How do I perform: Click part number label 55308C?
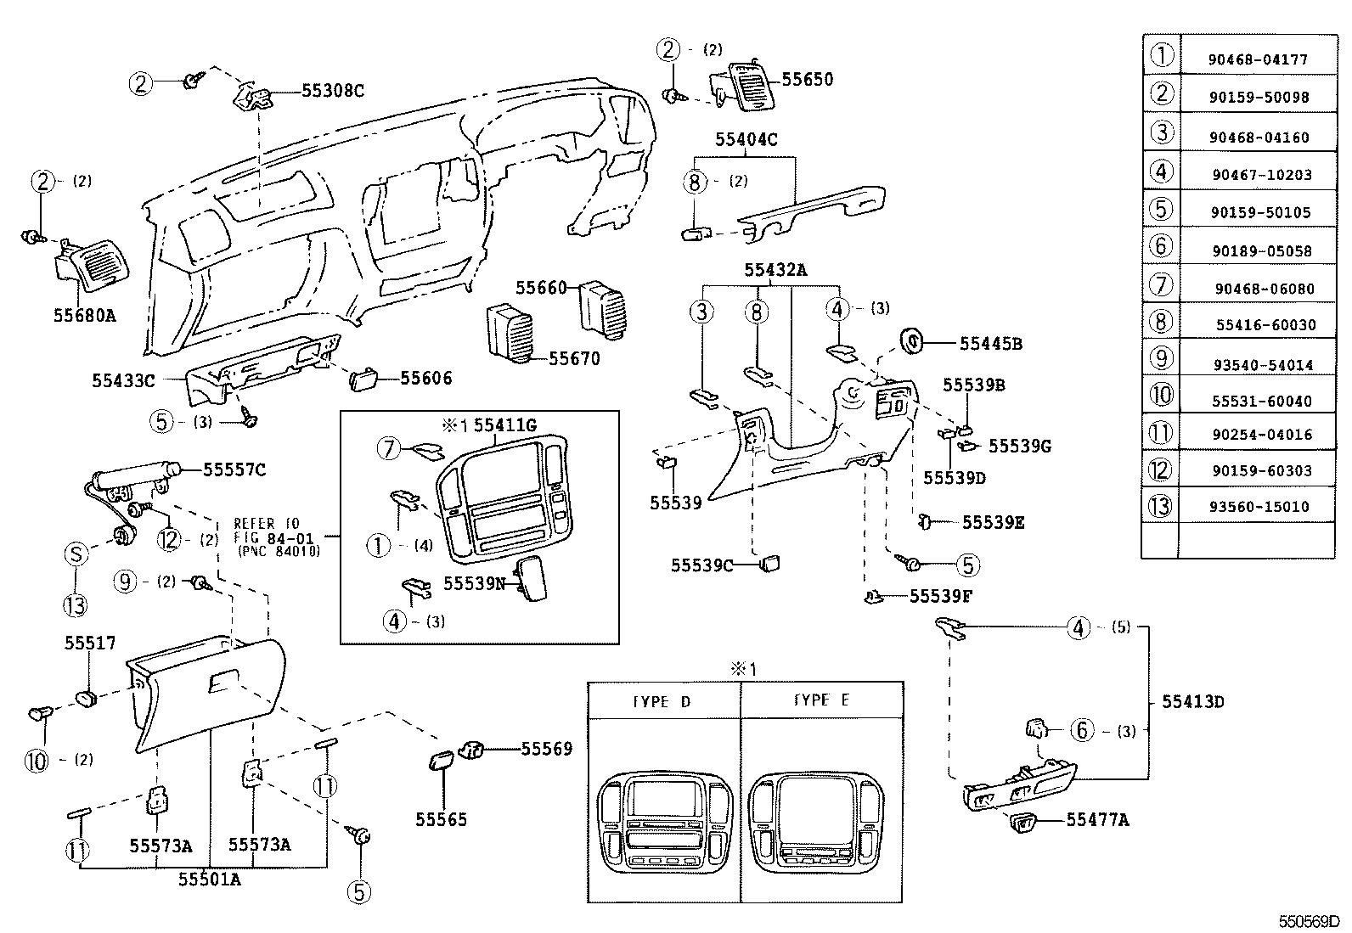pos(332,90)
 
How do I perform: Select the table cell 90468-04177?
pos(1258,59)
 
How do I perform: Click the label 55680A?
pos(84,316)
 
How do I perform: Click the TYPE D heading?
pos(662,701)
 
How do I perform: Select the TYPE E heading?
pos(821,700)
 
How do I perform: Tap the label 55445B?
pos(990,344)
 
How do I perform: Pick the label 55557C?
pos(234,469)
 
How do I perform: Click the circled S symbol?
pos(76,555)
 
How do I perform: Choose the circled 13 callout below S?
pos(75,605)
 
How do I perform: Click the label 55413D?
pos(1192,702)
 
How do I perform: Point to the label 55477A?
pos(1097,820)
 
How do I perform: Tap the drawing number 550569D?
pos(1311,921)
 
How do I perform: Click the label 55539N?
pos(474,585)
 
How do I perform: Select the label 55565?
pos(441,820)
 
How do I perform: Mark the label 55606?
pos(425,379)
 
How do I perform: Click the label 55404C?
pos(746,139)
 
